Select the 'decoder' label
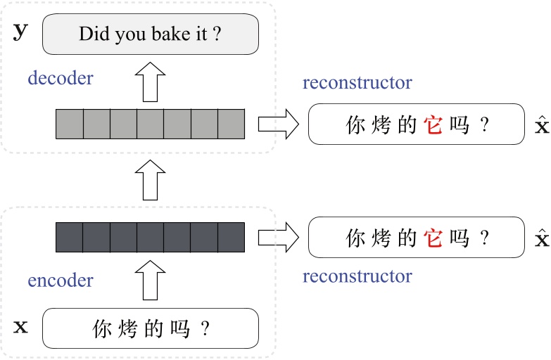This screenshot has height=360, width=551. pos(61,78)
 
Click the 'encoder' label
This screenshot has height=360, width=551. pos(61,281)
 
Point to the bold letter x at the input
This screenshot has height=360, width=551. pos(22,327)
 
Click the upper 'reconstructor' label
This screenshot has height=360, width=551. pos(357,83)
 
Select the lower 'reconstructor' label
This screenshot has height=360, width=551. pos(357,276)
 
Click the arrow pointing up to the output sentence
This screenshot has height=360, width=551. pos(151,82)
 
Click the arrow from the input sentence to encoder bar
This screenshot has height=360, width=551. pos(151,278)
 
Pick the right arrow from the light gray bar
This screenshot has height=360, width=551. pos(277,124)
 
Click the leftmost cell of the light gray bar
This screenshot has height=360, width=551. pos(70,124)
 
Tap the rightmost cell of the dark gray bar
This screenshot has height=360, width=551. pos(231,238)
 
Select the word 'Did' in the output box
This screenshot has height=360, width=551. pos(91,34)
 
